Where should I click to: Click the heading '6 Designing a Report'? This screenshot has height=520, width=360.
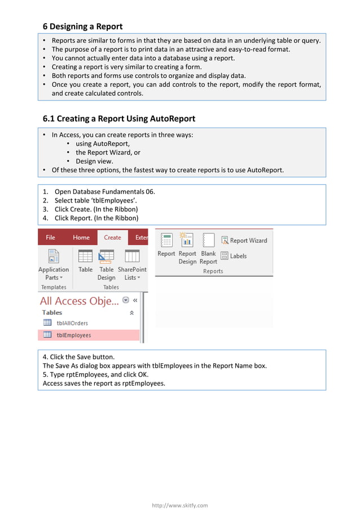pyautogui.click(x=82, y=27)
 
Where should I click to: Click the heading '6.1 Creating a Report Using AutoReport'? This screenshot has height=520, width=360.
pyautogui.click(x=119, y=118)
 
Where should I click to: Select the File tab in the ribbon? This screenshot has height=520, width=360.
pyautogui.click(x=50, y=237)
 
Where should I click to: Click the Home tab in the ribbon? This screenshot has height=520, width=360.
pyautogui.click(x=81, y=237)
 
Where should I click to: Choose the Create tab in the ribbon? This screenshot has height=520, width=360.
pyautogui.click(x=112, y=237)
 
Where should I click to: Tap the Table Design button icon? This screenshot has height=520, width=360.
pyautogui.click(x=106, y=257)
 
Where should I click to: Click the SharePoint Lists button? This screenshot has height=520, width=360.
pyautogui.click(x=132, y=265)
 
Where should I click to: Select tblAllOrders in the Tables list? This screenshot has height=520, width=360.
pyautogui.click(x=72, y=323)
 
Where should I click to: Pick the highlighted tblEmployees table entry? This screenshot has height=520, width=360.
pyautogui.click(x=73, y=335)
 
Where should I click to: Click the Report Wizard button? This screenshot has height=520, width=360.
pyautogui.click(x=244, y=240)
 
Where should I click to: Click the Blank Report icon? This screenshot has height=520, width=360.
pyautogui.click(x=208, y=241)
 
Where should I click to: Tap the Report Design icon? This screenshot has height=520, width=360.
pyautogui.click(x=187, y=241)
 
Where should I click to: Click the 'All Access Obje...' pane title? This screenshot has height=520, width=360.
pyautogui.click(x=79, y=301)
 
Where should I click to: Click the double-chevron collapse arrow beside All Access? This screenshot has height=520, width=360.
pyautogui.click(x=135, y=301)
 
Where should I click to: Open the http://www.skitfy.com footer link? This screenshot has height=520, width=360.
pyautogui.click(x=180, y=505)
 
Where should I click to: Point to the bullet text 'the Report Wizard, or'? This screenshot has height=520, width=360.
pyautogui.click(x=108, y=152)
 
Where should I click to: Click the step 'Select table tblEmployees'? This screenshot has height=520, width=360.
pyautogui.click(x=95, y=200)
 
